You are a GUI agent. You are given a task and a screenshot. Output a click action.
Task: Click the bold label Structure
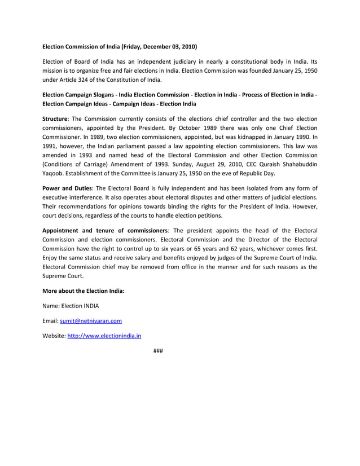pos(55,119)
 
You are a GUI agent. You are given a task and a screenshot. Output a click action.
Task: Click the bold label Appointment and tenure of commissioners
pos(105,230)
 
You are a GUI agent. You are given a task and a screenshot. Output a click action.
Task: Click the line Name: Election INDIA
pos(74,306)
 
